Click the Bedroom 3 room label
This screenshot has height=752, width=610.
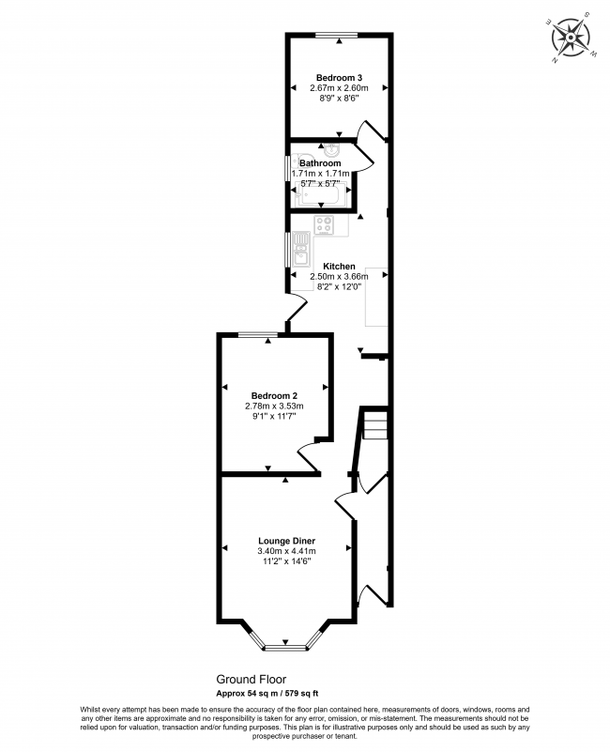point(339,78)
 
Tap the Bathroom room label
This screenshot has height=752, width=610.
point(320,163)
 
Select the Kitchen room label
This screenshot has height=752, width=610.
point(339,267)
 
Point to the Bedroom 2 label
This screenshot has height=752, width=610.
point(274,395)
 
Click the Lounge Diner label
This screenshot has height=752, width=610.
point(287,541)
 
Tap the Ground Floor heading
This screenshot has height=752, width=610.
point(252,679)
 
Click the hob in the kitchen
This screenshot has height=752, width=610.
point(324,225)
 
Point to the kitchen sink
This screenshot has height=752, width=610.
point(300,249)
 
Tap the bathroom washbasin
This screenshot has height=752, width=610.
point(332,150)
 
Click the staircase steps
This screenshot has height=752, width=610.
point(375,424)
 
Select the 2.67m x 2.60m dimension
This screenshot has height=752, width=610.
point(339,88)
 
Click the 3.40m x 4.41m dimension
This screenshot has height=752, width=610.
point(287,551)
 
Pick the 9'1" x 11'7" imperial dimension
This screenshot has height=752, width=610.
point(274,416)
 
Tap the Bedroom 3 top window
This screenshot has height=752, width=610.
point(337,35)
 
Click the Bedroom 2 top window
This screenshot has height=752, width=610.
point(258,334)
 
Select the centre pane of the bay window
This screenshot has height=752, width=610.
point(286,648)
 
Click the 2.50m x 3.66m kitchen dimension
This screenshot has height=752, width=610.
point(339,277)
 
